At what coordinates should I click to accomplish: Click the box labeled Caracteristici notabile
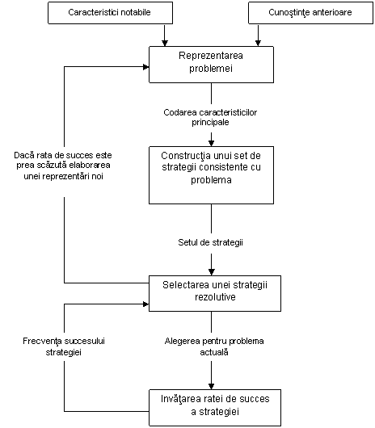click(x=110, y=13)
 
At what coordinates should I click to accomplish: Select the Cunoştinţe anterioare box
click(x=310, y=13)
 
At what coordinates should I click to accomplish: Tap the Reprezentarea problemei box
click(x=211, y=65)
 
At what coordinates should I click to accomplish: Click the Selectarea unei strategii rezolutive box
click(x=215, y=293)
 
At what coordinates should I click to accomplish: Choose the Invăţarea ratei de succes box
click(x=215, y=408)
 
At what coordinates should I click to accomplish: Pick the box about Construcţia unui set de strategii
click(x=211, y=175)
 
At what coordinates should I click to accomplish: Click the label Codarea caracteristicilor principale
click(x=210, y=117)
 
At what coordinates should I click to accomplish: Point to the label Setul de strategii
click(x=211, y=242)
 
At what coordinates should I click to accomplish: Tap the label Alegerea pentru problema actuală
click(x=214, y=346)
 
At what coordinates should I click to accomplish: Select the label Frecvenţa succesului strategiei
click(x=64, y=346)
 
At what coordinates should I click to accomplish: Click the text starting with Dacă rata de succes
click(x=63, y=166)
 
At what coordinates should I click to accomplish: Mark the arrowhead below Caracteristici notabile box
click(x=165, y=43)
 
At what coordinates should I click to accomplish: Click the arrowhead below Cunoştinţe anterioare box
click(x=258, y=43)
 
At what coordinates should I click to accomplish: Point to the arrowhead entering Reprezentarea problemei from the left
click(x=145, y=67)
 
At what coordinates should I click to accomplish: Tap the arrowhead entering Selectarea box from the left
click(x=145, y=304)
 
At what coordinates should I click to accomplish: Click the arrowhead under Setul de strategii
click(x=212, y=272)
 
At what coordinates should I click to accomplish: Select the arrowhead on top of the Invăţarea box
click(x=212, y=386)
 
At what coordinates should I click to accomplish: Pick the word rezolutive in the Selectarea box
click(x=215, y=297)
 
